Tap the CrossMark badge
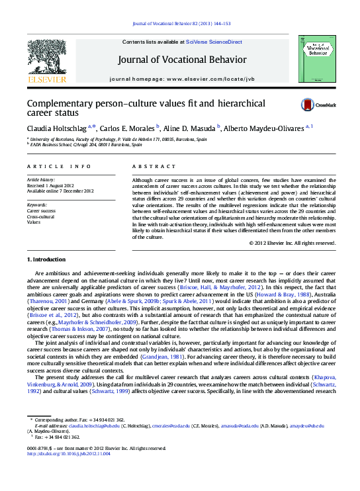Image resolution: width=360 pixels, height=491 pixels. pos(318,105)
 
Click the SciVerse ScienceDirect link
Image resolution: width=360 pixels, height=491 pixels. pos(214,42)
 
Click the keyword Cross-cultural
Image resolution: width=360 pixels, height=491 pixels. pos(41,216)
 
